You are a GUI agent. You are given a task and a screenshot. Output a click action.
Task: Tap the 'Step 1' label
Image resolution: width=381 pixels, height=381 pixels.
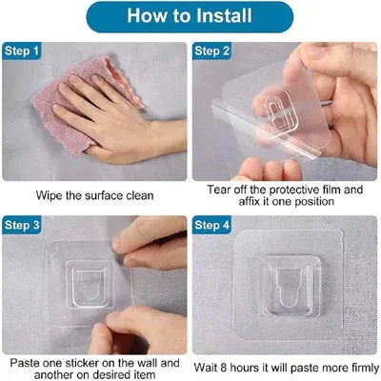tap(25, 50)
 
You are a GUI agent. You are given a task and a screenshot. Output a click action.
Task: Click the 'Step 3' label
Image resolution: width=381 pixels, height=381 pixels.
tap(25, 225)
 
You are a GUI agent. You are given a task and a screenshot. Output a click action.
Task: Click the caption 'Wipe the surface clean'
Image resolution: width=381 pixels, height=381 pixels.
tap(96, 195)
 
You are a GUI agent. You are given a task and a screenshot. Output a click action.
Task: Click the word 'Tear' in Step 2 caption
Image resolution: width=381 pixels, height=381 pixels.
tap(220, 189)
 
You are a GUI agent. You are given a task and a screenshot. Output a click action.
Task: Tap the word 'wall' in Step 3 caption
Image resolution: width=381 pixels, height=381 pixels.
tap(144, 363)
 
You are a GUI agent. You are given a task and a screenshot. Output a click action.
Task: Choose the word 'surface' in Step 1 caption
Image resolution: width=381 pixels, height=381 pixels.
tap(106, 195)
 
